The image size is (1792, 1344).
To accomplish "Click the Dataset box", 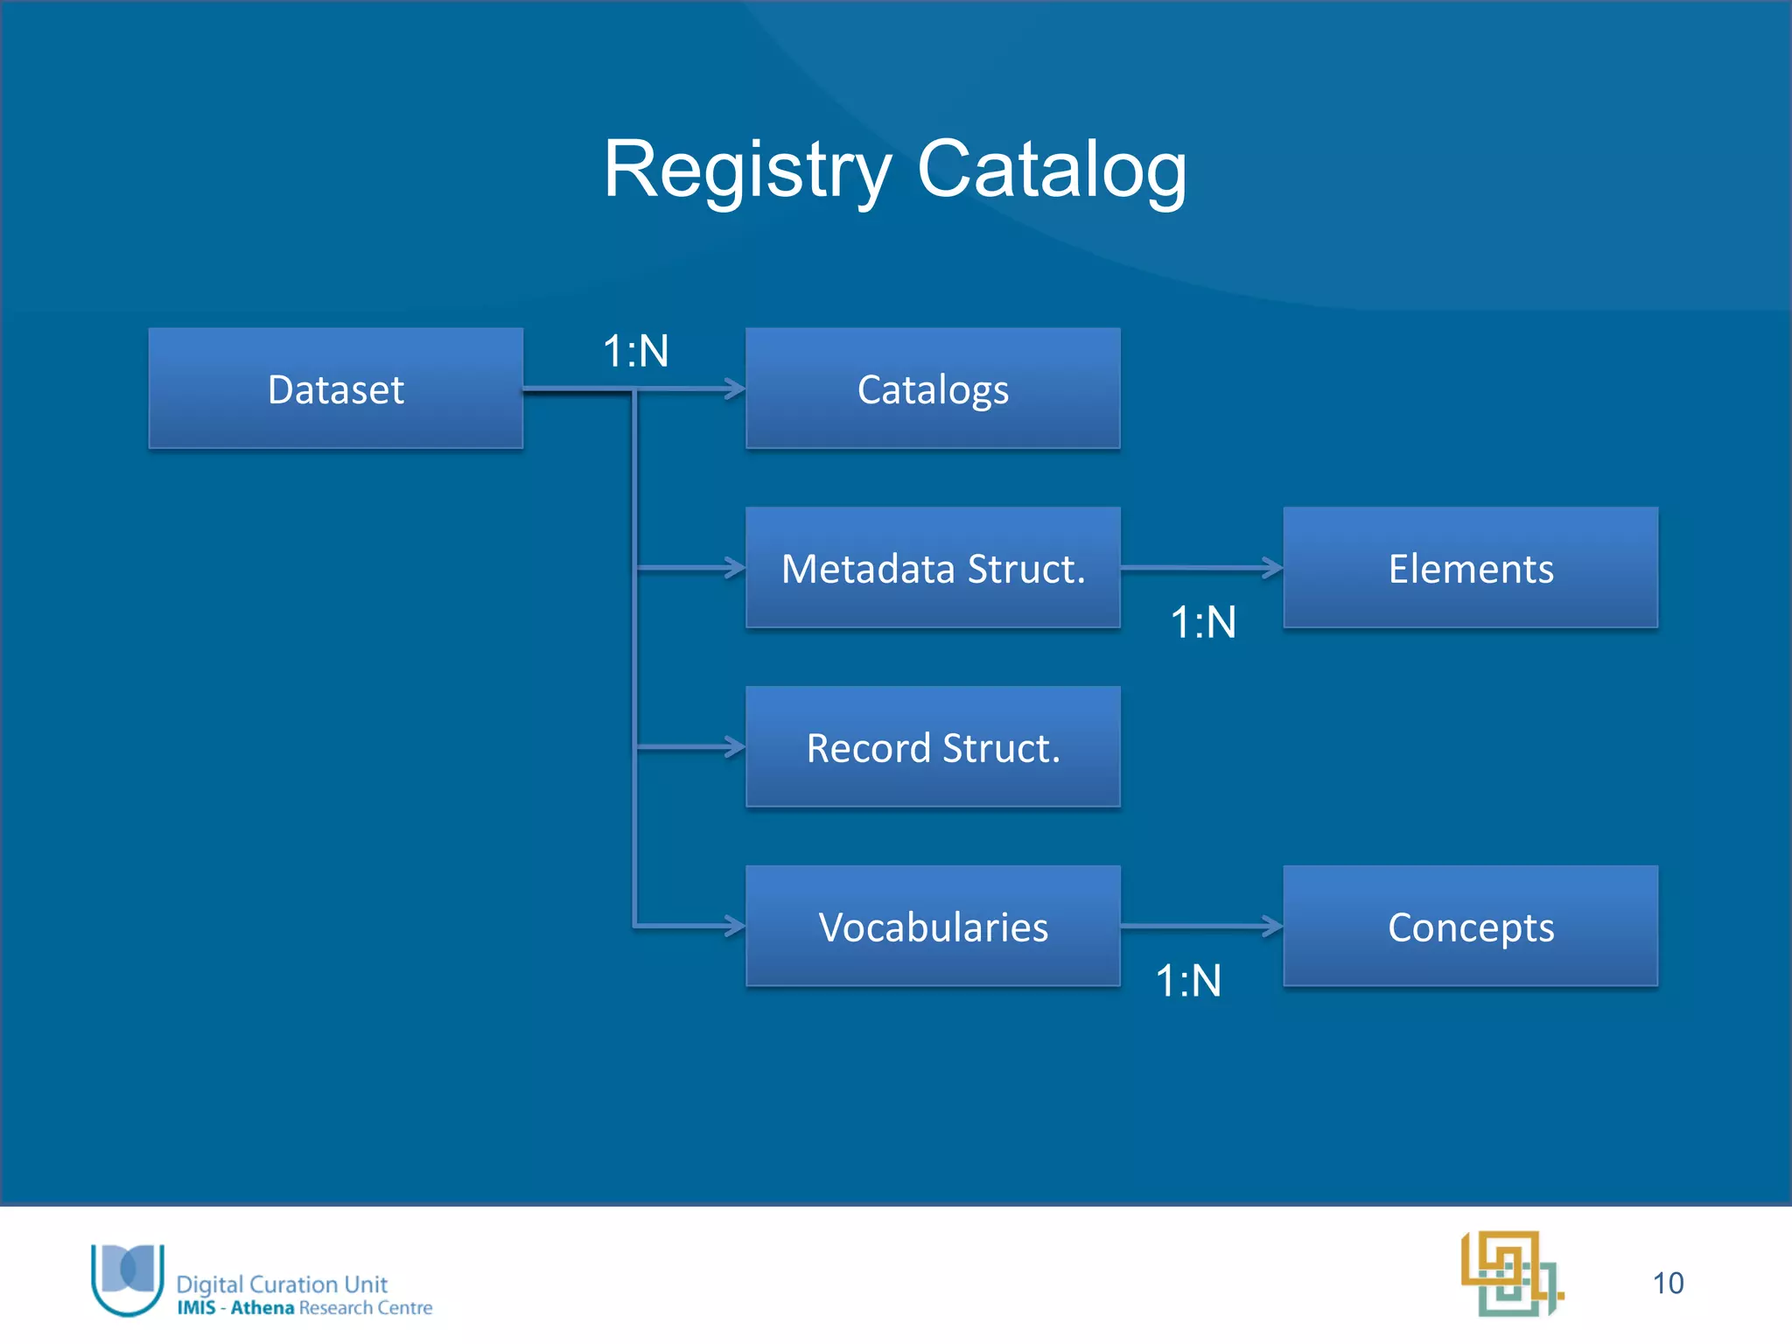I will pyautogui.click(x=335, y=388).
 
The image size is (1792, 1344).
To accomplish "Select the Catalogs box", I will pyautogui.click(x=933, y=388).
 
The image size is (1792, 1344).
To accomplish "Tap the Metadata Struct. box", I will pyautogui.click(x=933, y=568).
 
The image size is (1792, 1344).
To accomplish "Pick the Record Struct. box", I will pyautogui.click(x=933, y=747).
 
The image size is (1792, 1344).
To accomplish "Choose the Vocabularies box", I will pyautogui.click(x=933, y=927).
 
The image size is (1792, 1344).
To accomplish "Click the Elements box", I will pyautogui.click(x=1470, y=568).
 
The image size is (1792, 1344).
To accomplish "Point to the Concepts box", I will pyautogui.click(x=1470, y=927).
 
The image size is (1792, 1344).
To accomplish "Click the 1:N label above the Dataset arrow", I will pyautogui.click(x=636, y=352).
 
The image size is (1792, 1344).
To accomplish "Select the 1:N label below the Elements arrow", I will pyautogui.click(x=1203, y=623).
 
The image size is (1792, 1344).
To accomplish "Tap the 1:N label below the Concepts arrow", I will pyautogui.click(x=1188, y=981).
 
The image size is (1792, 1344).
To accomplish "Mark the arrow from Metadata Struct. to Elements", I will pyautogui.click(x=1200, y=568).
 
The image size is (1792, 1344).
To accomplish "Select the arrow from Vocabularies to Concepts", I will pyautogui.click(x=1200, y=926).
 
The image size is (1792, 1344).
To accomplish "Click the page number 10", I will pyautogui.click(x=1668, y=1283).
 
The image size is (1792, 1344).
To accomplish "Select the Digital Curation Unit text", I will pyautogui.click(x=282, y=1284).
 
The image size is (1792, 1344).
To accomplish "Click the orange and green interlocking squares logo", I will pyautogui.click(x=1511, y=1273).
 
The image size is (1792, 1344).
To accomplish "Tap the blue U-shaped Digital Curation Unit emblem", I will pyautogui.click(x=128, y=1278).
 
